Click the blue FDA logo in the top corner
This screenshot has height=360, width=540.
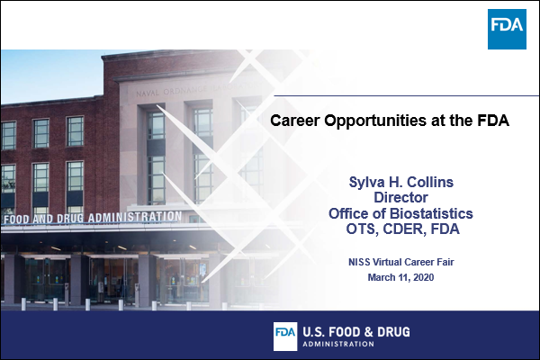click(x=507, y=29)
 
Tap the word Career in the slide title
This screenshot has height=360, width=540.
click(x=295, y=121)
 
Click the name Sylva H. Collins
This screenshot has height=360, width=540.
click(x=400, y=182)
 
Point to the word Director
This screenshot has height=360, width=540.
click(x=400, y=197)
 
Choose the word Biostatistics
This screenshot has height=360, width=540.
click(x=432, y=213)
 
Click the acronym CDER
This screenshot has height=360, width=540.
click(x=400, y=229)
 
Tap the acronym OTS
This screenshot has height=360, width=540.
click(x=360, y=229)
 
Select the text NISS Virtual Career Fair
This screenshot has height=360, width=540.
click(x=400, y=262)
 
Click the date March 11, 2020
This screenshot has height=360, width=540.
click(x=400, y=277)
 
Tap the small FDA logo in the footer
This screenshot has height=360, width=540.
click(x=285, y=337)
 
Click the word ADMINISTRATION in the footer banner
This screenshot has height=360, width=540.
click(x=338, y=344)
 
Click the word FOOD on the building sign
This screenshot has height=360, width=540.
click(x=16, y=220)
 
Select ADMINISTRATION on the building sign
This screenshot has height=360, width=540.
click(x=135, y=217)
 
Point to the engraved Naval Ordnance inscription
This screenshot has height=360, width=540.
click(x=196, y=89)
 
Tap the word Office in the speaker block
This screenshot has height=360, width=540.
click(x=347, y=213)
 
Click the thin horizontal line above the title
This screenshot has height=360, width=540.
click(x=407, y=95)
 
